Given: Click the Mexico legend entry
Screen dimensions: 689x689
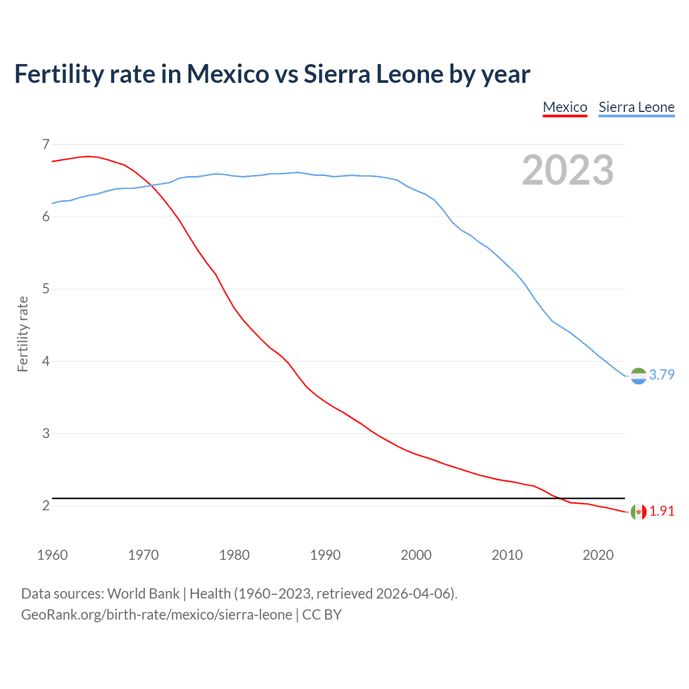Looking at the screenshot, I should coord(565,107).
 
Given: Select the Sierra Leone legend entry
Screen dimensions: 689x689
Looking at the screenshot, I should coord(636,107).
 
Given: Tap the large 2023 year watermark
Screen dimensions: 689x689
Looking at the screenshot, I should coord(567,170).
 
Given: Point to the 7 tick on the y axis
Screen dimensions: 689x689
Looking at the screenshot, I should coord(46,144).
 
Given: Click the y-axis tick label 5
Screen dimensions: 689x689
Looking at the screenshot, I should coord(46,289).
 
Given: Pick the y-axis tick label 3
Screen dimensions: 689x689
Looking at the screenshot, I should coord(46,433).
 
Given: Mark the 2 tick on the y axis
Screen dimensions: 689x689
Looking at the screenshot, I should coord(46,505).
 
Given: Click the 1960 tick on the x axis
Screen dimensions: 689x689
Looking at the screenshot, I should coord(52,555).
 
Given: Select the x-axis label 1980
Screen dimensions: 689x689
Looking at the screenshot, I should coord(234,555).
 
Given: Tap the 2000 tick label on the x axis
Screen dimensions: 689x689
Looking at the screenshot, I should coord(416,555).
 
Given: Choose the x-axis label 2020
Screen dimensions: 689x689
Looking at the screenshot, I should coord(598,555).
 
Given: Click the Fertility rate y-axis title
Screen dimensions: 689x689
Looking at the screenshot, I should coord(23,334).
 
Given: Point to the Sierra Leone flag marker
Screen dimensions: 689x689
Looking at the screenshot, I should coord(638,376).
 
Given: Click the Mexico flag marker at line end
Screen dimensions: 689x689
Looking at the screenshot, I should coord(638,512).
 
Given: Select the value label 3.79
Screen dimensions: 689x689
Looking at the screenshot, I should coord(662,375).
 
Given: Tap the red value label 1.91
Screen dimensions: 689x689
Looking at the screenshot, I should coord(662,511).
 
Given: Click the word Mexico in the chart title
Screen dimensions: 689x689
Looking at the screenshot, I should coord(228,74).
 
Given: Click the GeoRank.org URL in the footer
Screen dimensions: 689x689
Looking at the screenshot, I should coord(156,615).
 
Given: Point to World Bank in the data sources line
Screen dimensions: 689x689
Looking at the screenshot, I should coord(143,594).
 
